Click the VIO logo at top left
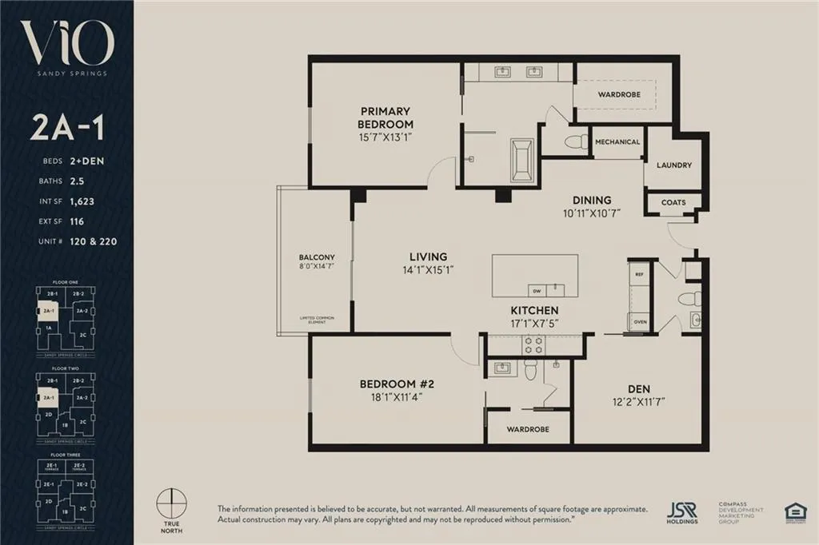tap(66, 46)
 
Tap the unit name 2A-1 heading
tap(66, 127)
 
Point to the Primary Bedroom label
tap(386, 117)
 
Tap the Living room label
tap(428, 257)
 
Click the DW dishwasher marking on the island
tap(537, 291)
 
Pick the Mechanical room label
tap(617, 142)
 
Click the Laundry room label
tap(673, 165)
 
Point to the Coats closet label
tap(673, 202)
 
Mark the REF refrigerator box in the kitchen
tap(639, 274)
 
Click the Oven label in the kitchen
tap(639, 323)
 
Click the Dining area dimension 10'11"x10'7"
tap(591, 213)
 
